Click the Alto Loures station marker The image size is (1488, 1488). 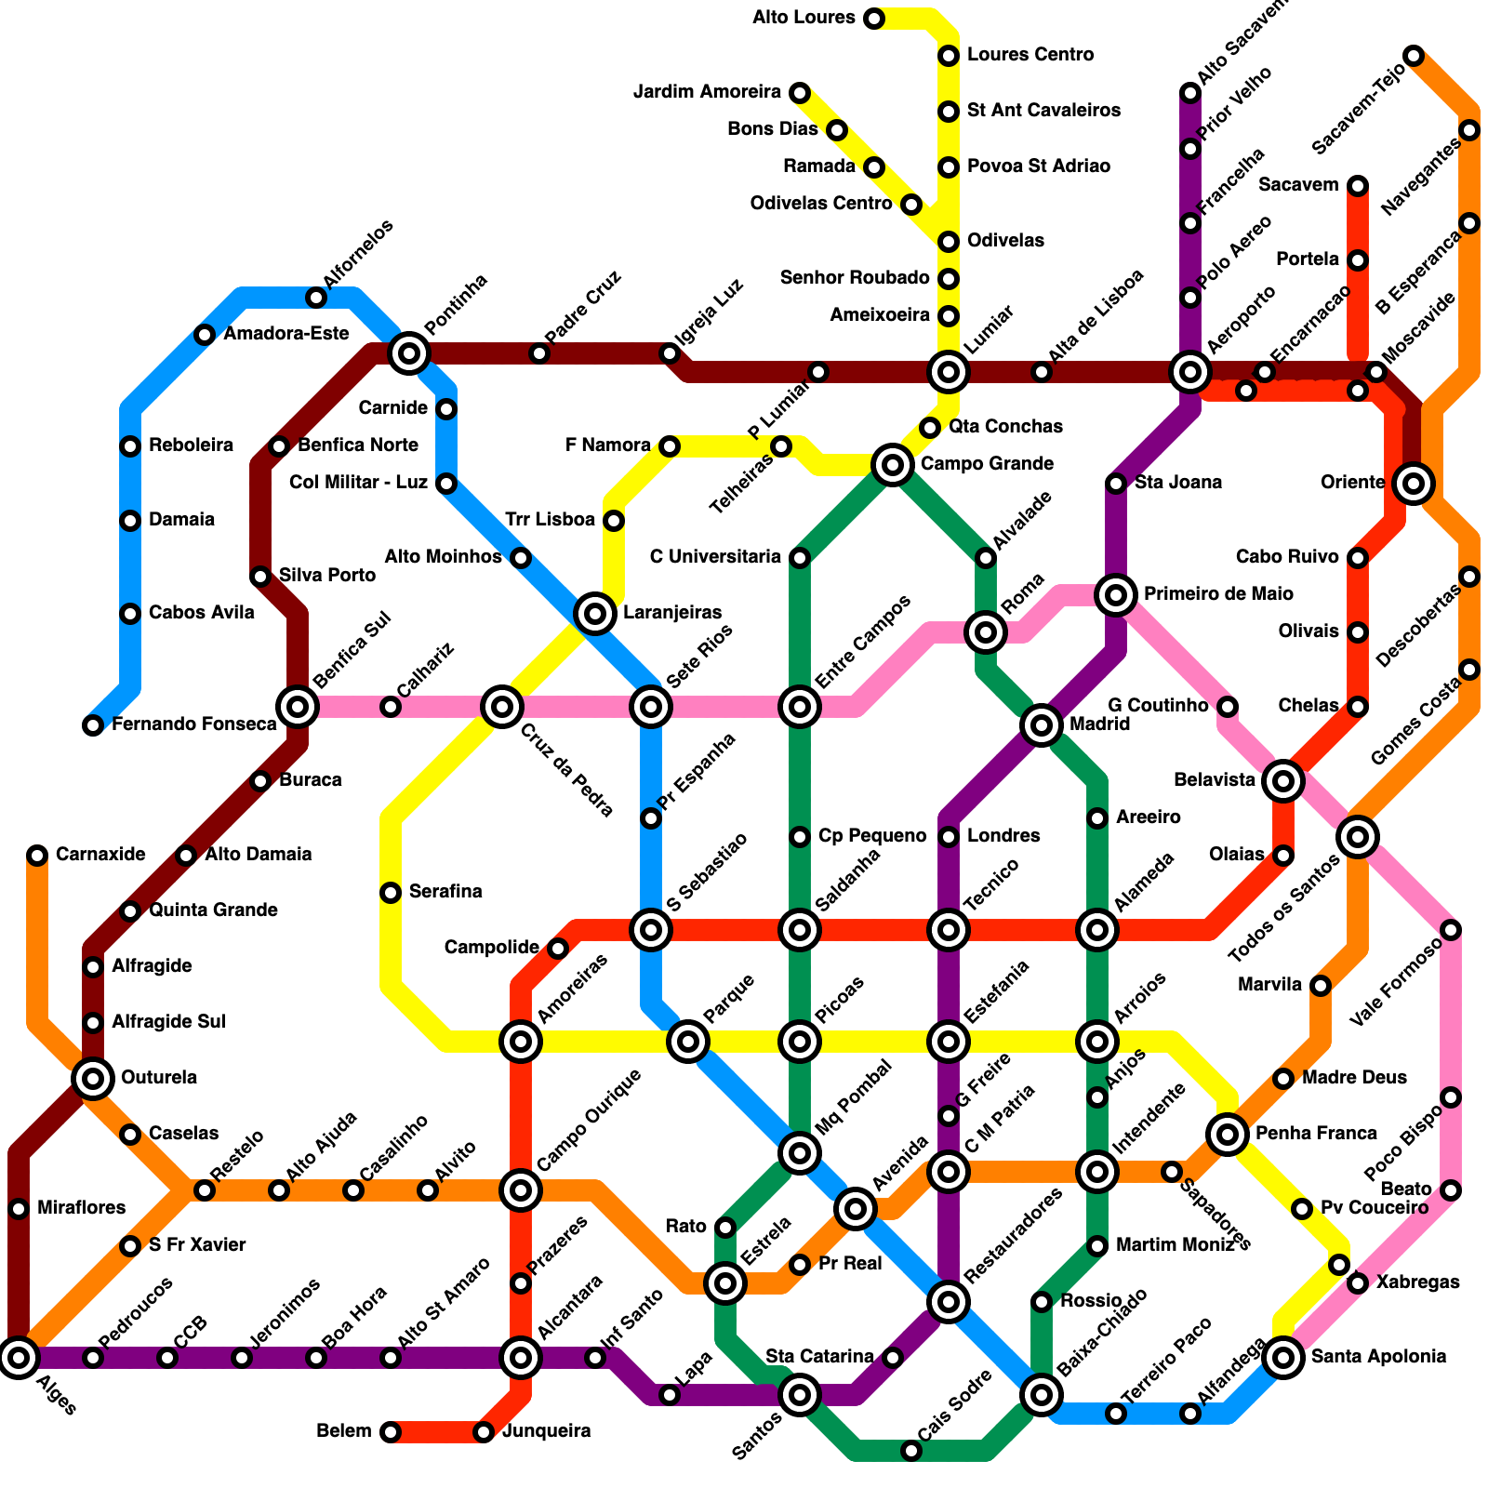pyautogui.click(x=874, y=19)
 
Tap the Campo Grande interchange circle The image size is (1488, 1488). pyautogui.click(x=893, y=464)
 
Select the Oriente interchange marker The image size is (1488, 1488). pyautogui.click(x=1414, y=483)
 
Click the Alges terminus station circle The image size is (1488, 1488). pyautogui.click(x=19, y=1358)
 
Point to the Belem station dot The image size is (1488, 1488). pyautogui.click(x=391, y=1432)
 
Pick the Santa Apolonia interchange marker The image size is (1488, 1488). pyautogui.click(x=1283, y=1358)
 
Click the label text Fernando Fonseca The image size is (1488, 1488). pyautogui.click(x=193, y=724)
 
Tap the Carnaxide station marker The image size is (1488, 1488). pyautogui.click(x=37, y=856)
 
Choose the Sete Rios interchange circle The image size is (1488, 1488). pyautogui.click(x=651, y=707)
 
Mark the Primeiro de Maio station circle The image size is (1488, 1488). pyautogui.click(x=1116, y=594)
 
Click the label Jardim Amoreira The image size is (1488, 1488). pyautogui.click(x=707, y=92)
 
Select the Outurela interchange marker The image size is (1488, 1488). pyautogui.click(x=93, y=1079)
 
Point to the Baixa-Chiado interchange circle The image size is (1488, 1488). pyautogui.click(x=1042, y=1394)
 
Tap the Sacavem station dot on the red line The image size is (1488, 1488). pyautogui.click(x=1358, y=186)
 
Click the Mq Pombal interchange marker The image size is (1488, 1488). pyautogui.click(x=800, y=1153)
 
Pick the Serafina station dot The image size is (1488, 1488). pyautogui.click(x=391, y=893)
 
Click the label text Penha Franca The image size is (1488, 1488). pyautogui.click(x=1316, y=1134)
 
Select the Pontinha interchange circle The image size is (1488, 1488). pyautogui.click(x=409, y=353)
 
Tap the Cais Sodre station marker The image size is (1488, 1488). pyautogui.click(x=911, y=1451)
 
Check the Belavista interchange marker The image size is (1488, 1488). pyautogui.click(x=1283, y=781)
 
